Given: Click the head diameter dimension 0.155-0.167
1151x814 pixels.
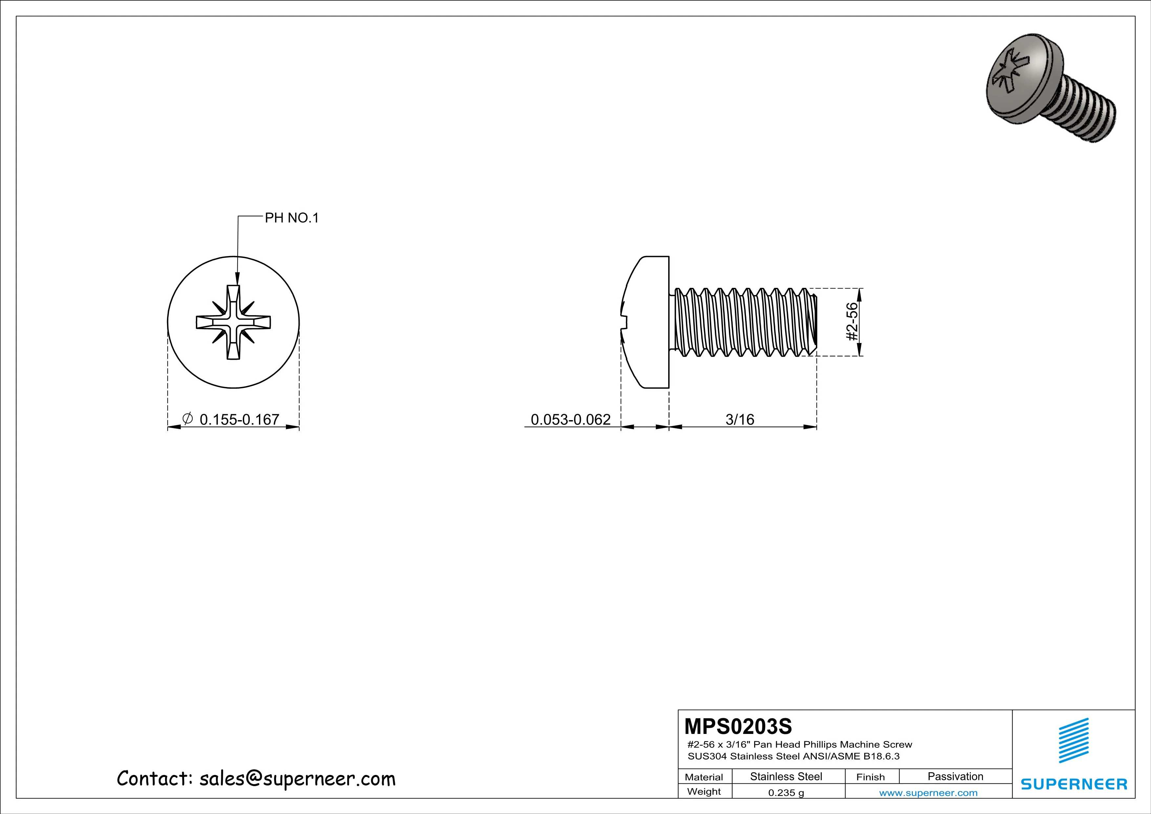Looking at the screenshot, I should coord(239,419).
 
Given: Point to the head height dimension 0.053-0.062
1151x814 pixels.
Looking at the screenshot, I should coord(570,419).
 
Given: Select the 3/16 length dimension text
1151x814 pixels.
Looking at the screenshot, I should coord(739,419).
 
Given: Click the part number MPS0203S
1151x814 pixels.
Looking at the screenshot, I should coord(738,726).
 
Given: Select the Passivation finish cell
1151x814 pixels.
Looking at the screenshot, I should coord(955,776).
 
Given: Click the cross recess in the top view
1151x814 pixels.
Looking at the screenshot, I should coord(233,322).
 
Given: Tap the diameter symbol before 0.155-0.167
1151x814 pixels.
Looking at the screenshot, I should coord(187,418).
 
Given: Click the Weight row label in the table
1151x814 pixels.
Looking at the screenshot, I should coord(704,791).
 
